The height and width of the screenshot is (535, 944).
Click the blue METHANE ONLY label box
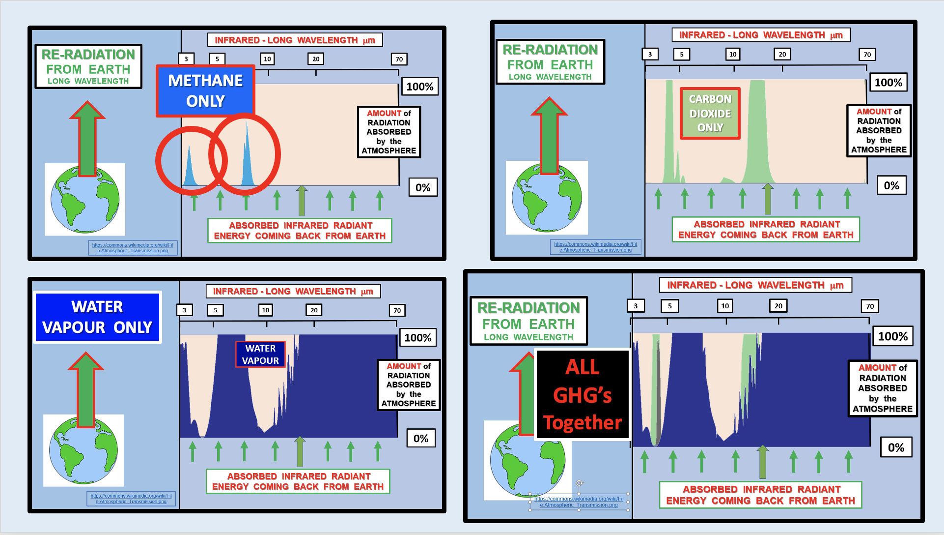click(205, 91)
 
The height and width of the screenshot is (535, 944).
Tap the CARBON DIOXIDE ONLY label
click(710, 114)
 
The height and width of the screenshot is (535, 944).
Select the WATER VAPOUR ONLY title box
click(97, 317)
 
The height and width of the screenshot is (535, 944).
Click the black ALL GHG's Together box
click(583, 394)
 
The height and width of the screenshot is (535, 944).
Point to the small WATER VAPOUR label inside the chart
click(260, 355)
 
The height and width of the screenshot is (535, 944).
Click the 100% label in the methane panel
click(419, 87)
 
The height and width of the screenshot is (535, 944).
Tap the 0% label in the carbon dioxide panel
click(891, 185)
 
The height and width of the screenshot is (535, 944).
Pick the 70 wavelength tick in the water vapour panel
click(397, 310)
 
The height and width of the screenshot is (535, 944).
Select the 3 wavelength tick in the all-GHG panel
click(636, 306)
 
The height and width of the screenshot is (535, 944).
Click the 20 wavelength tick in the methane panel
click(316, 59)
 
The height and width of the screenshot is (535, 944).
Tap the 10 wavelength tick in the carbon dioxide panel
click(733, 54)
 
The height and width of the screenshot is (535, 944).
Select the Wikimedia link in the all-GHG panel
click(579, 502)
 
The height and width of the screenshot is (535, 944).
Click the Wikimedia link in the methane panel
click(133, 248)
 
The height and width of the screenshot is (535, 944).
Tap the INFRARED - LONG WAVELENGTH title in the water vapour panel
click(293, 291)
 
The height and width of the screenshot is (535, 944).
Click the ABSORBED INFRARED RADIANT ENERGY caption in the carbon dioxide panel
click(766, 229)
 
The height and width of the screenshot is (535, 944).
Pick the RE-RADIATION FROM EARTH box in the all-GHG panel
click(528, 321)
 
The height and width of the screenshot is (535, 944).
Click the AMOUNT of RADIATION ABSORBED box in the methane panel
click(389, 132)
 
